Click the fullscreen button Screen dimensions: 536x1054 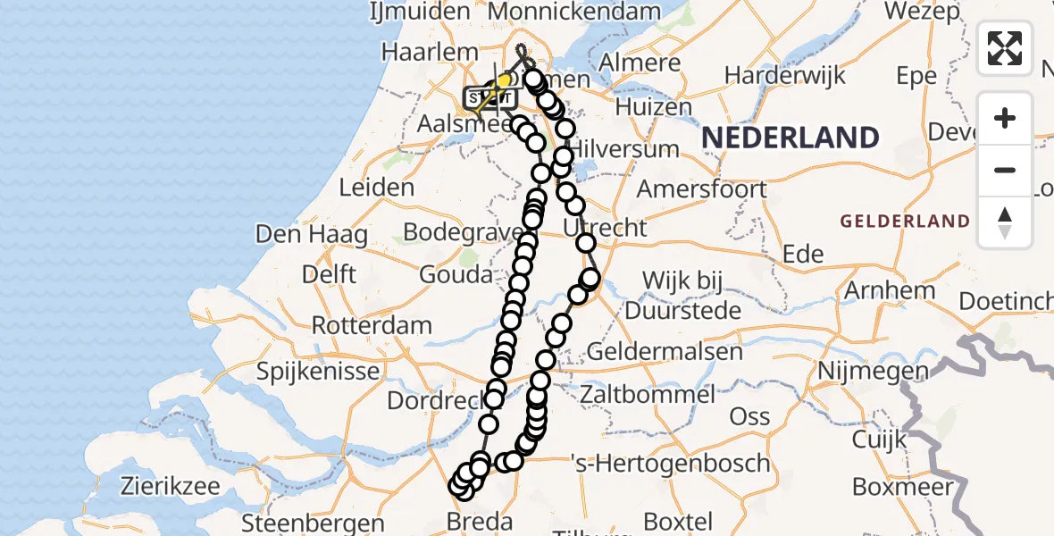pos(1005,47)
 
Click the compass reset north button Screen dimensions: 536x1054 pos(1005,222)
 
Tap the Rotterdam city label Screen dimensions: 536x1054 pos(372,325)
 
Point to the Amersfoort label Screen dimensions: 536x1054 pos(701,189)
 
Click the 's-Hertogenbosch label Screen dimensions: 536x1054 pos(670,464)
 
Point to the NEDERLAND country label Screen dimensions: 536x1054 pos(790,138)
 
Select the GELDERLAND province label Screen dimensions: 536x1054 pos(904,221)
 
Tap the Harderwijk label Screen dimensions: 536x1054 pos(785,75)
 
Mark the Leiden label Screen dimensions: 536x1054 pos(377,188)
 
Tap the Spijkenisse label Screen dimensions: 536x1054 pos(319,369)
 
